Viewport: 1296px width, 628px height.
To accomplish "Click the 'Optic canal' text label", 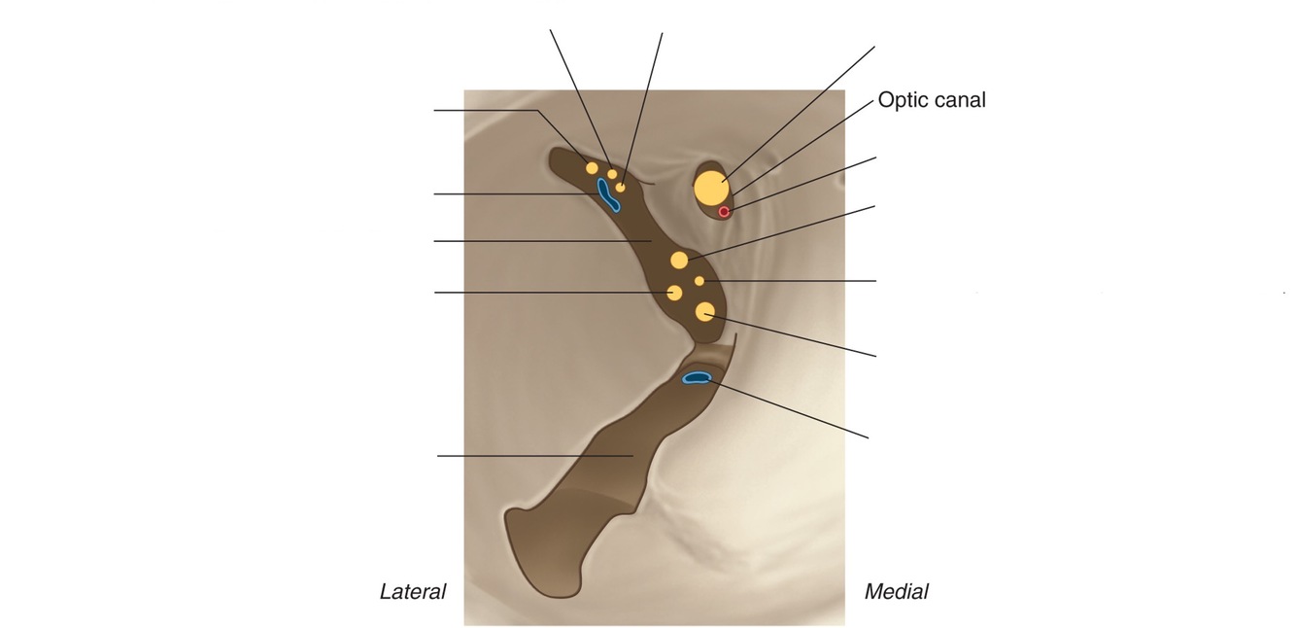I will click(931, 99).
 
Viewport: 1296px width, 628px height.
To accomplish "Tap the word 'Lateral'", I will click(412, 591).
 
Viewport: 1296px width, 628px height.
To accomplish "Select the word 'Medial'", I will click(896, 591).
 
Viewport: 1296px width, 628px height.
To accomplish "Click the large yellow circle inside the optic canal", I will click(710, 188).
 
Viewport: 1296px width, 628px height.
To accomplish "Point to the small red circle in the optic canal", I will click(724, 211).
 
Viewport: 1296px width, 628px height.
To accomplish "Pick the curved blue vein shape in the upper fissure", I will click(608, 195).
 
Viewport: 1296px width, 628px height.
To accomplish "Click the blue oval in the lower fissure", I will click(697, 377).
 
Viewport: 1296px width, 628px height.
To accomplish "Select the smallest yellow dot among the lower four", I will click(699, 281).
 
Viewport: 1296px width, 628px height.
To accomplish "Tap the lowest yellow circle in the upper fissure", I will click(705, 311).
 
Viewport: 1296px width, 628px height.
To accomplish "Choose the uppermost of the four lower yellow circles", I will click(679, 260).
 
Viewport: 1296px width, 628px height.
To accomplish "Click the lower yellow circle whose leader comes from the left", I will click(674, 292).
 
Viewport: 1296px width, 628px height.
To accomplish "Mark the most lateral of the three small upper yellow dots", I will click(592, 168).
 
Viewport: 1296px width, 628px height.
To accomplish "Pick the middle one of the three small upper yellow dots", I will click(612, 175).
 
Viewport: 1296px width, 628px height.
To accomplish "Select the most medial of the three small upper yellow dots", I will click(621, 186).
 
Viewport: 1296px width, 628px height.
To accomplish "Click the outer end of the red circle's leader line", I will click(875, 157).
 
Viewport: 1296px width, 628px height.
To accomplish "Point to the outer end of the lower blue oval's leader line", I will click(868, 437).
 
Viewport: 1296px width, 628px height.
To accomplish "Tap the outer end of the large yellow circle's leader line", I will click(874, 46).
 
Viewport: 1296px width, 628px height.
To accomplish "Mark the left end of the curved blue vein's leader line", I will click(434, 194).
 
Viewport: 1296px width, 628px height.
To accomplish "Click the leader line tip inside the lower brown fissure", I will click(633, 455).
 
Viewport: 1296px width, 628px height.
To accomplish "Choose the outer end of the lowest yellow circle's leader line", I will click(875, 356).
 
